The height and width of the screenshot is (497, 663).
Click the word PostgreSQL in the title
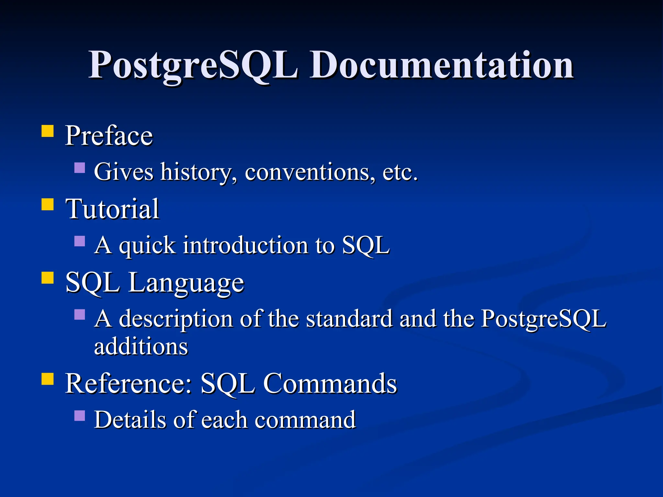193,65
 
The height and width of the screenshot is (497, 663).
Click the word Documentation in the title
442,65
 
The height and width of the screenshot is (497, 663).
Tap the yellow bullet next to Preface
48,132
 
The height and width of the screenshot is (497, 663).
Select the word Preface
109,136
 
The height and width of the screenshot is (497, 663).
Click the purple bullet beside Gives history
80,168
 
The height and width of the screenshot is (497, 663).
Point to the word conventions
310,172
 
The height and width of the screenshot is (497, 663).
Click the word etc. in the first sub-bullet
400,172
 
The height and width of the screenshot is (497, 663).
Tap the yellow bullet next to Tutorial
48,205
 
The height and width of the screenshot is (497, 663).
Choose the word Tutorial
112,209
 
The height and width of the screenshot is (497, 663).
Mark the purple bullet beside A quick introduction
80,241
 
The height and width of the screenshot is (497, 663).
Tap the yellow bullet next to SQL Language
48,278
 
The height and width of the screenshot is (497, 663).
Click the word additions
141,347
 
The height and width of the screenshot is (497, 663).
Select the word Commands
330,383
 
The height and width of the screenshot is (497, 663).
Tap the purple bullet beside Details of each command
80,416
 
